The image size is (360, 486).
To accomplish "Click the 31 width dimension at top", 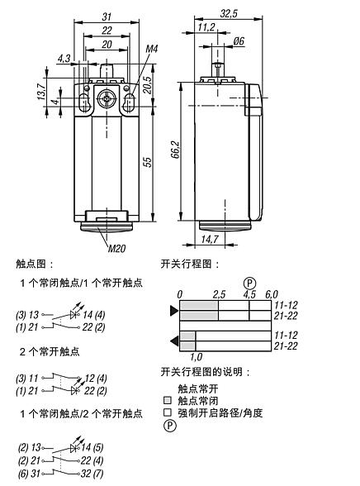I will tap(106, 17).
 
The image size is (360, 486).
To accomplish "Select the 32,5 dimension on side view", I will tap(230, 13).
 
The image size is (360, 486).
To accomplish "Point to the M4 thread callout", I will tap(151, 50).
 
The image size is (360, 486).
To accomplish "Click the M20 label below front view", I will tap(117, 245).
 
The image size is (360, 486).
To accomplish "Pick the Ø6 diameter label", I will tap(239, 41).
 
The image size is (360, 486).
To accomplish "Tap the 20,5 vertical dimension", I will tap(148, 84).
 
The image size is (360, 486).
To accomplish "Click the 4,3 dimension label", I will tap(64, 58).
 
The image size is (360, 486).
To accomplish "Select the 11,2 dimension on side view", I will tap(207, 26).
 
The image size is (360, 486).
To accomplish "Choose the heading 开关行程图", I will tap(191, 264).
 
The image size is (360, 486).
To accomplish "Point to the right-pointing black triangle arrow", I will tap(173, 312).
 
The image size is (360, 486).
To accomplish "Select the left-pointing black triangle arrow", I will tap(173, 341).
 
